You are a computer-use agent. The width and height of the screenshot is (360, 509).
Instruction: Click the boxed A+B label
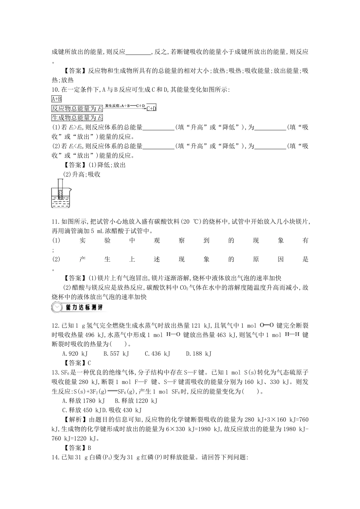pos(56,99)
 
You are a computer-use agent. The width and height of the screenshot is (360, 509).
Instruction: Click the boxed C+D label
pos(151,108)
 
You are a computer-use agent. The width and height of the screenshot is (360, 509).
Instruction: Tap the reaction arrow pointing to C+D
pos(125,108)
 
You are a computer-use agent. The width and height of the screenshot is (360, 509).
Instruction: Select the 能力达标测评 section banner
pos(78,307)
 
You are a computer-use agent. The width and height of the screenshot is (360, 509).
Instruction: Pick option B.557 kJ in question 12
pos(116,353)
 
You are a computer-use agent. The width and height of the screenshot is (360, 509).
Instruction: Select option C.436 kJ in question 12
pos(158,353)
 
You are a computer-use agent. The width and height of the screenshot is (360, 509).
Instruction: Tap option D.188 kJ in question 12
pos(199,353)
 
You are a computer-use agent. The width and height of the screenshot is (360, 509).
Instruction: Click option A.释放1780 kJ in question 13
pos(83,400)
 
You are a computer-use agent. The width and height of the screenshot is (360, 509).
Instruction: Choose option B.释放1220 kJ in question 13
pos(136,400)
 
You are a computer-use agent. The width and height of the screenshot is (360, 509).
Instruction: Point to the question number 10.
pos(55,89)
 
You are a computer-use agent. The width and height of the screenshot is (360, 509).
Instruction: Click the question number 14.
pos(55,457)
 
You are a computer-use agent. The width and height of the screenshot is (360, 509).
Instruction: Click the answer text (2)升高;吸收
pos(81,174)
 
